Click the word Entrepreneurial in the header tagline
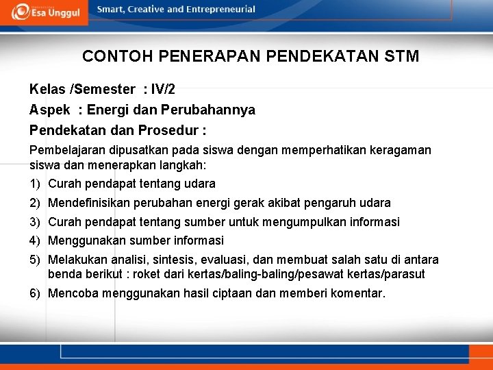click(x=220, y=10)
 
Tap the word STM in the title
click(x=403, y=56)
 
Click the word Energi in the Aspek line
click(x=108, y=110)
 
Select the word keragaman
click(x=401, y=150)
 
